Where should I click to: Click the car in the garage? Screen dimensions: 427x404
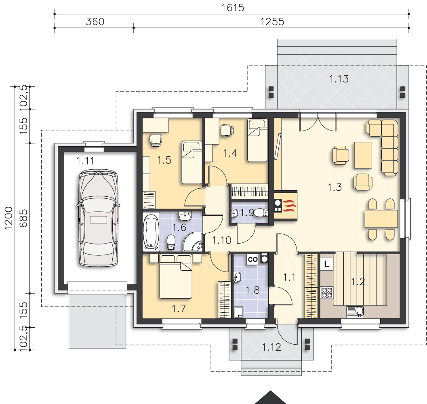[98, 217]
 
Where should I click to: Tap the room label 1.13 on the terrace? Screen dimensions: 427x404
[339, 79]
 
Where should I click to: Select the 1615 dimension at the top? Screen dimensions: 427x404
[233, 8]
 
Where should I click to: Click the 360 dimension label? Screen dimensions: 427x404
[95, 21]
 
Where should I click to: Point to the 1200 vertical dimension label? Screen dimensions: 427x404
[9, 218]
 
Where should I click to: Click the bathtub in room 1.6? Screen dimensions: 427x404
[151, 232]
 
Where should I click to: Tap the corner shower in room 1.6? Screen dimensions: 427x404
[193, 242]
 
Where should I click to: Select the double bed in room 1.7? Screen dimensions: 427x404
[176, 276]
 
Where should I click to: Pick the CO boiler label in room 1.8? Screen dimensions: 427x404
[252, 259]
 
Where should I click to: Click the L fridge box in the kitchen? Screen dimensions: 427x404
[326, 264]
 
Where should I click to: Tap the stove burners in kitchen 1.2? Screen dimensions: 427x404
[327, 293]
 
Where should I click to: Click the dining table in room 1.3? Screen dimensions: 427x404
[381, 219]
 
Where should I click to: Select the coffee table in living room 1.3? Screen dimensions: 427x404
[363, 155]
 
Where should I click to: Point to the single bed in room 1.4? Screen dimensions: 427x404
[257, 140]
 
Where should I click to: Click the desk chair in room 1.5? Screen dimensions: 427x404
[156, 139]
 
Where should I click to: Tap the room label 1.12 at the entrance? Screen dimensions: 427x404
[271, 347]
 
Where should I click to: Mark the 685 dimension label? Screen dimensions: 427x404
[23, 218]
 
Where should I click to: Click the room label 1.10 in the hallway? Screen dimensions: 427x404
[222, 240]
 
